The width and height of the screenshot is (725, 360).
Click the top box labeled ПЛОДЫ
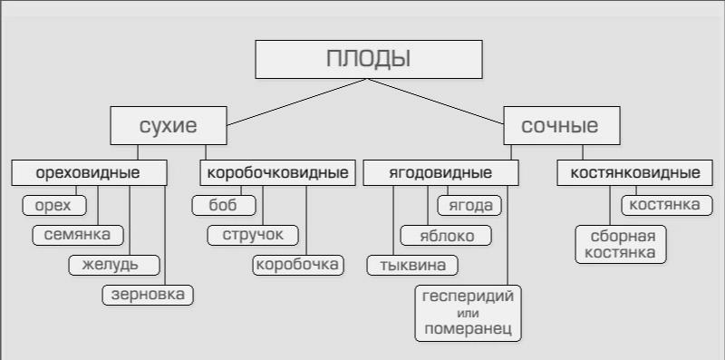coord(369,59)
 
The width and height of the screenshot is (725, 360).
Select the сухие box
coord(169,125)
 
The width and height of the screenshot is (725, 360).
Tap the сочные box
coord(562,125)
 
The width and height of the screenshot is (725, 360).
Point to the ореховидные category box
coord(89,173)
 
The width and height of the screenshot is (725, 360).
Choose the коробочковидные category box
coord(277,173)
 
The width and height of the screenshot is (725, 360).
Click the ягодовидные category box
coord(440,173)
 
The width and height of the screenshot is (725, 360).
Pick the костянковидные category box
coord(635,173)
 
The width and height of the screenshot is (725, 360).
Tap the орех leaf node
coord(54,206)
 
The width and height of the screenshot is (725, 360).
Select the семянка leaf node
coord(78,235)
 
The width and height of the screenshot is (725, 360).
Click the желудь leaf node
coord(114,265)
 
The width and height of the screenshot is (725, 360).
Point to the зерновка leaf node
coord(148,295)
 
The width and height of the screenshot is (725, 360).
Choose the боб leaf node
coord(224,206)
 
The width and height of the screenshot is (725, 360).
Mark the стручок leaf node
coord(253,235)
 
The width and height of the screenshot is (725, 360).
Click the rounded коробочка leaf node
coord(298,265)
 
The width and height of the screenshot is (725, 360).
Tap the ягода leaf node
coord(469,206)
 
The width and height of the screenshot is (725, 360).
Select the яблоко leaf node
coord(446,235)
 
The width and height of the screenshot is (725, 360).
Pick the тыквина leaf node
coord(412,265)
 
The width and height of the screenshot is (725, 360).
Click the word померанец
coord(468,329)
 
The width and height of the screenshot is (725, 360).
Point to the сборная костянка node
coord(621,244)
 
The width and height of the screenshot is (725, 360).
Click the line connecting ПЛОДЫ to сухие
coord(297,102)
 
